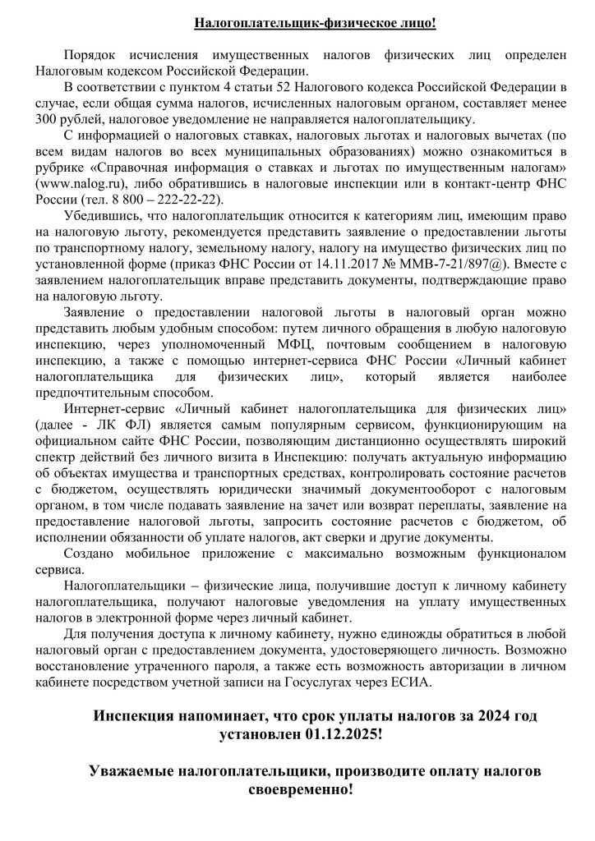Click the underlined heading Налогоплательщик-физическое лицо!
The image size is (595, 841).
(x=315, y=22)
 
